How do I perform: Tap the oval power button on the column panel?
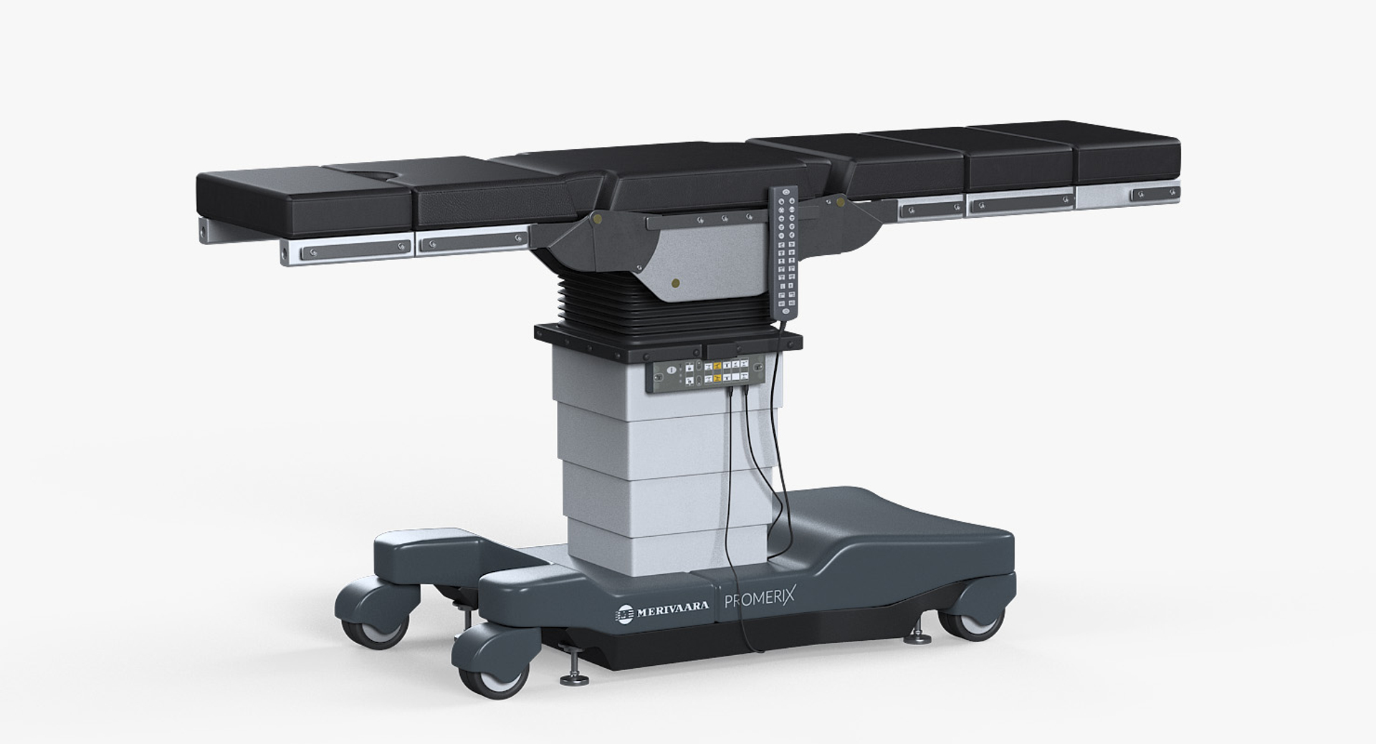click(670, 369)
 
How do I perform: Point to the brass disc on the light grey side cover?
click(674, 284)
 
